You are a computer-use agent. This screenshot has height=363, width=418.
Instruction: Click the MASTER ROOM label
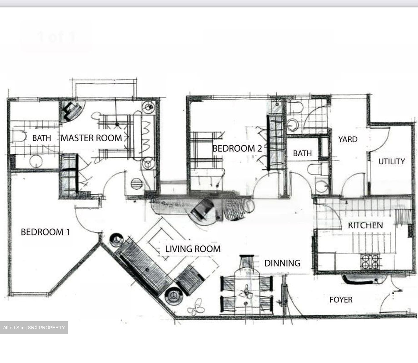[91, 138]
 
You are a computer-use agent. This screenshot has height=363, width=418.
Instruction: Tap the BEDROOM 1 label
[45, 232]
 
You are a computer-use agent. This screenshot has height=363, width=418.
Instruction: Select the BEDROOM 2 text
[237, 148]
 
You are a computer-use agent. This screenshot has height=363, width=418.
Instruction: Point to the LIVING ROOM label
[193, 249]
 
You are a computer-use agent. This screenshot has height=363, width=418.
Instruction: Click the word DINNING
[282, 263]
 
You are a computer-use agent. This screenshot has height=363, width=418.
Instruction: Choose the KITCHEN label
[365, 225]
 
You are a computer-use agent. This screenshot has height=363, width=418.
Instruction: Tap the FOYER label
[341, 300]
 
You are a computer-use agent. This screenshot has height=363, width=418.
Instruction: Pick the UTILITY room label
[391, 161]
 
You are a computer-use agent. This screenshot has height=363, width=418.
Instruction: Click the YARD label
[347, 139]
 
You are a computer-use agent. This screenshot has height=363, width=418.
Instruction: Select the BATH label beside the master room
[42, 138]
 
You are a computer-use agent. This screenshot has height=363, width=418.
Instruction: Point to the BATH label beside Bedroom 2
[302, 153]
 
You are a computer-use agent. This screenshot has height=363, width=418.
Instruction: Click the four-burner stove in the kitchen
[370, 261]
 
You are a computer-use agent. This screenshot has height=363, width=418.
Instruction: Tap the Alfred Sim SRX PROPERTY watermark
[34, 328]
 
